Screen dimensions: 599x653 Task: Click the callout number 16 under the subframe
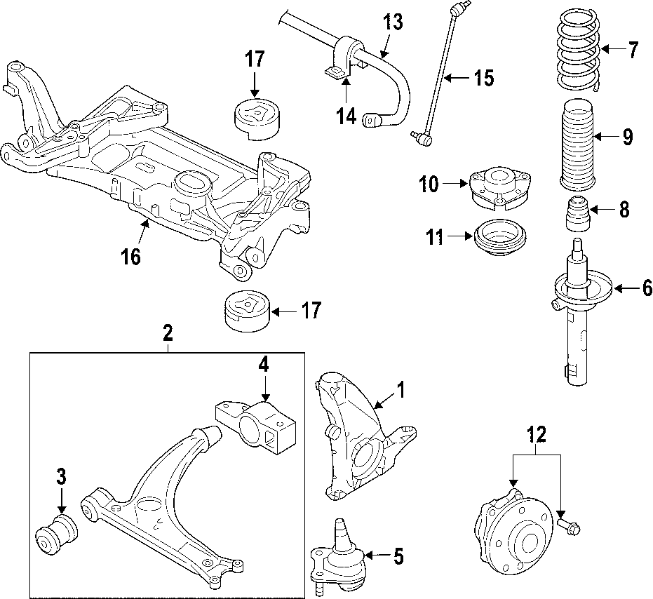130,257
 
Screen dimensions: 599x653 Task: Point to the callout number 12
537,436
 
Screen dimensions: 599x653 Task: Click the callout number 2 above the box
168,334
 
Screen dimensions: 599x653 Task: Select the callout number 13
393,22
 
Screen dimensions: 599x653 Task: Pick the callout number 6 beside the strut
647,288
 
